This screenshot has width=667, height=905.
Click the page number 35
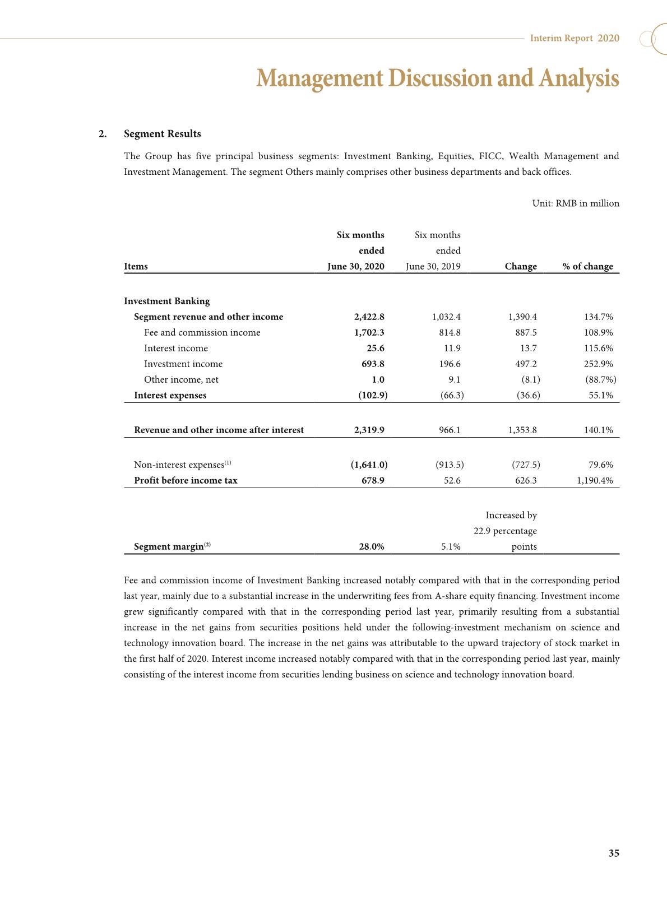[x=614, y=853]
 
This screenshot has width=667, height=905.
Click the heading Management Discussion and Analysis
[x=437, y=78]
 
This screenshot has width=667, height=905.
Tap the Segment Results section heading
[x=162, y=133]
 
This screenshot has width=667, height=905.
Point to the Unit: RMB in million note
[x=576, y=203]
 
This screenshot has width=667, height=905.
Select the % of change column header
[x=587, y=266]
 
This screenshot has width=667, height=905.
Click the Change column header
[x=520, y=266]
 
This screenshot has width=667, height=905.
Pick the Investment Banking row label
[x=166, y=301]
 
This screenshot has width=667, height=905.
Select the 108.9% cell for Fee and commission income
[x=599, y=332]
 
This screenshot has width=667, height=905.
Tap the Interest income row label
[x=175, y=348]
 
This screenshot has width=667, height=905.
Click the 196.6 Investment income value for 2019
[x=450, y=364]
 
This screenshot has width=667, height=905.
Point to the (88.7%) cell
[x=600, y=379]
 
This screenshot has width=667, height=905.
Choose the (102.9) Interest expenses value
[x=373, y=395]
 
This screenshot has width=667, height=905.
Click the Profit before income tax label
[x=186, y=480]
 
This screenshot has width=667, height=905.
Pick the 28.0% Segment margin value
[x=371, y=546]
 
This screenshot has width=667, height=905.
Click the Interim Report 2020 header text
[x=575, y=38]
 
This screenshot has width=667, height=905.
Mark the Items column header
[x=136, y=266]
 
